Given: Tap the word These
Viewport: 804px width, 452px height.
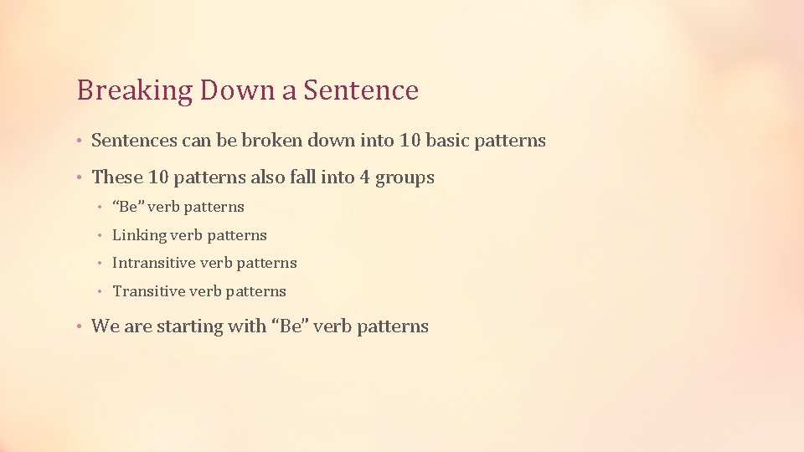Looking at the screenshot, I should [x=116, y=177].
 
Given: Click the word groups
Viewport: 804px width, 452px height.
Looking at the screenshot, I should [x=407, y=178].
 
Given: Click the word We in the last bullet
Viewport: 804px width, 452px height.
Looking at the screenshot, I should [x=105, y=326].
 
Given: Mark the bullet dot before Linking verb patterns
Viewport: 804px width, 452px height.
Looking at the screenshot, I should [x=99, y=236].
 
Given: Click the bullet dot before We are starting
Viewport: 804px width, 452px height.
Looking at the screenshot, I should [x=79, y=327].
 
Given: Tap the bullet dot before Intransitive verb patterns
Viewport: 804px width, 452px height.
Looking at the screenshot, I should [x=99, y=264].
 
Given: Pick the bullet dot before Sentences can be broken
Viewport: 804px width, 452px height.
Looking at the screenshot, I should [x=79, y=141].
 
